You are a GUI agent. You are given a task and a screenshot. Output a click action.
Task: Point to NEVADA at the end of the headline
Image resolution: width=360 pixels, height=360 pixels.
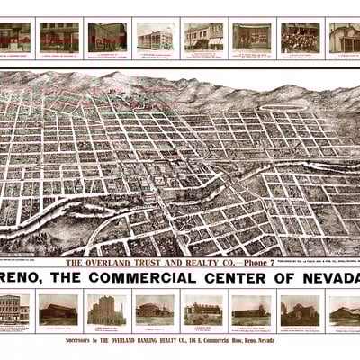[x=328, y=276]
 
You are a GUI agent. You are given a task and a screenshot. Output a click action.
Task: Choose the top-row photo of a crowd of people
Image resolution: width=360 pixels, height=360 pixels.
[x=300, y=37]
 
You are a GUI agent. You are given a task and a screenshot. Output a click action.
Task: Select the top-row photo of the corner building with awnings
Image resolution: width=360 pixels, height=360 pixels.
[x=204, y=37]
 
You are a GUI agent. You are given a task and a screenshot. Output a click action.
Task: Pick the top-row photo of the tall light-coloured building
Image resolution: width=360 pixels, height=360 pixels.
[x=156, y=37]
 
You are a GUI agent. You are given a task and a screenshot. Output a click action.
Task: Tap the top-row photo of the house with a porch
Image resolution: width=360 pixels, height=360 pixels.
[x=345, y=37]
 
